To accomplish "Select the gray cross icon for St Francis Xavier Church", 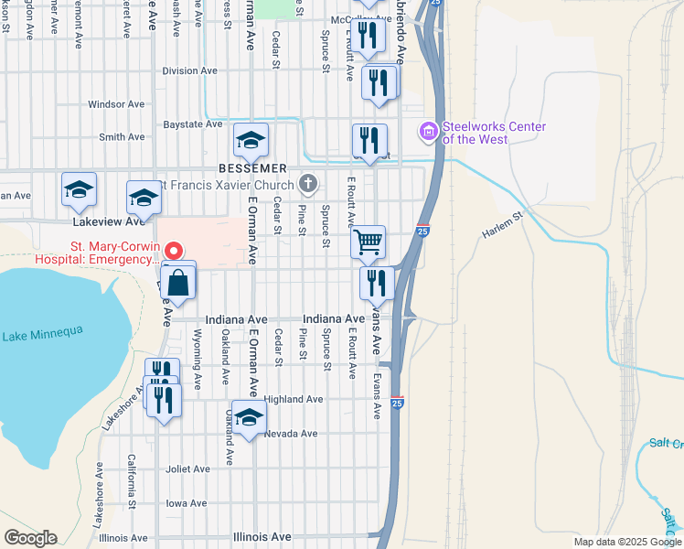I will pyautogui.click(x=309, y=185).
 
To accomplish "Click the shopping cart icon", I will pyautogui.click(x=368, y=242).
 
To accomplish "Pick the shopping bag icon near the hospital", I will pyautogui.click(x=179, y=282).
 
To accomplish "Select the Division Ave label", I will pyautogui.click(x=189, y=70).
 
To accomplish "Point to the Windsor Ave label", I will pyautogui.click(x=117, y=104).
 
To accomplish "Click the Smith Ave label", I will pyautogui.click(x=122, y=137).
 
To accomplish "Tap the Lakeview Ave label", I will pyautogui.click(x=110, y=221).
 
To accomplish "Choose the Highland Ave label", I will pyautogui.click(x=294, y=400).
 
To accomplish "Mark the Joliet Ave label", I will pyautogui.click(x=188, y=469).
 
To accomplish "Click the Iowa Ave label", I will pyautogui.click(x=187, y=503).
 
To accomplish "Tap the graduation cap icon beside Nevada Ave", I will pyautogui.click(x=249, y=418).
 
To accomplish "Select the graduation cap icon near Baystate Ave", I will pyautogui.click(x=251, y=140).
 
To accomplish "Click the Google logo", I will pyautogui.click(x=30, y=538).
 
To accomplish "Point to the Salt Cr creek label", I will pyautogui.click(x=666, y=443).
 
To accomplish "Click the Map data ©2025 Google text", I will pyautogui.click(x=626, y=542).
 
